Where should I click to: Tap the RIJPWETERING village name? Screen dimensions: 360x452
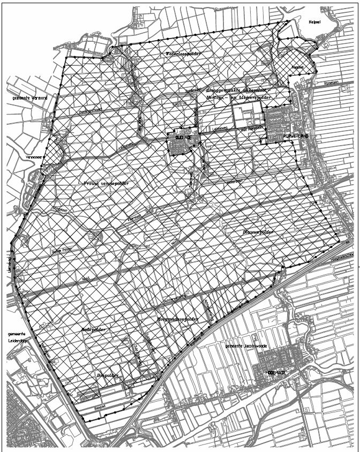(x=295, y=137)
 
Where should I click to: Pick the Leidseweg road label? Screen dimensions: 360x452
(x=220, y=129)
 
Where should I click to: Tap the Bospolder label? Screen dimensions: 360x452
(x=107, y=375)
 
